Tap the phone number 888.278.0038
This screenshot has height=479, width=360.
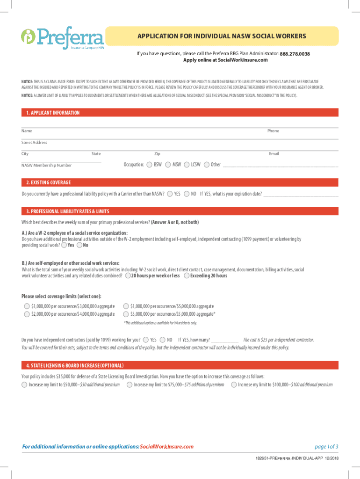point(295,54)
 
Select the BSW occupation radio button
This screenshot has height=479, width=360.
point(149,165)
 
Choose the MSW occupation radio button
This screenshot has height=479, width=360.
point(168,165)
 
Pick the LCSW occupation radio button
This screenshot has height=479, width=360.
point(187,165)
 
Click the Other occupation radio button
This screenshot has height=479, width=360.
point(207,165)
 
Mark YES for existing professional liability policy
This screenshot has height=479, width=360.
point(170,194)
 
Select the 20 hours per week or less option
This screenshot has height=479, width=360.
point(128,276)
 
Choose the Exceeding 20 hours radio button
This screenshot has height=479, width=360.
point(187,276)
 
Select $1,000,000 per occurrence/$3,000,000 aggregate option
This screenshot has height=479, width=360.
point(27,306)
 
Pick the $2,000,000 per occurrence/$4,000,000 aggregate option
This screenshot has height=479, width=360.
point(27,313)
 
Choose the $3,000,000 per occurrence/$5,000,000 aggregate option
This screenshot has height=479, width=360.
point(126,313)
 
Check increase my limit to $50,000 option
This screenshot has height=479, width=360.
point(24,385)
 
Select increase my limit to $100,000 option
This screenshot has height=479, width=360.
point(234,385)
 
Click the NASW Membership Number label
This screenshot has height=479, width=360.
point(46,165)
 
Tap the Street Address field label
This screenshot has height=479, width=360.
point(34,142)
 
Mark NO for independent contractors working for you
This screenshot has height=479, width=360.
point(162,340)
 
